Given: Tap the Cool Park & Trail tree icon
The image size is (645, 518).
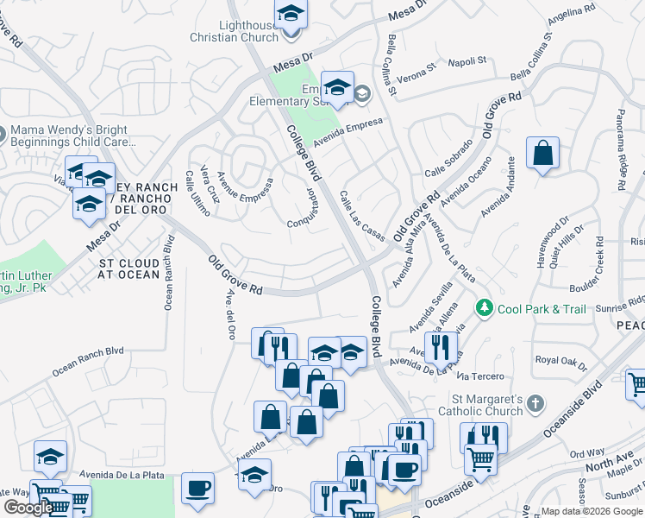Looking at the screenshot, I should point(485,308).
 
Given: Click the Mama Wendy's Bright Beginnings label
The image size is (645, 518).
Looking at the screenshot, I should point(73,135).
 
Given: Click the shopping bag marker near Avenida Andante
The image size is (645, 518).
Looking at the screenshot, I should point(543,154).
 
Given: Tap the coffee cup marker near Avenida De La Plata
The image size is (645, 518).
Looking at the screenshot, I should point(197,487).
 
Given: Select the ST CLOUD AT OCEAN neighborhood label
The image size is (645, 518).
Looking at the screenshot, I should point(129,268).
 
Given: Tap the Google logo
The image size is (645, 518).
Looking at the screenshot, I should point(28,507).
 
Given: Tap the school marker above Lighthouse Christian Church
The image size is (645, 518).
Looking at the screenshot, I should point(291,15).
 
